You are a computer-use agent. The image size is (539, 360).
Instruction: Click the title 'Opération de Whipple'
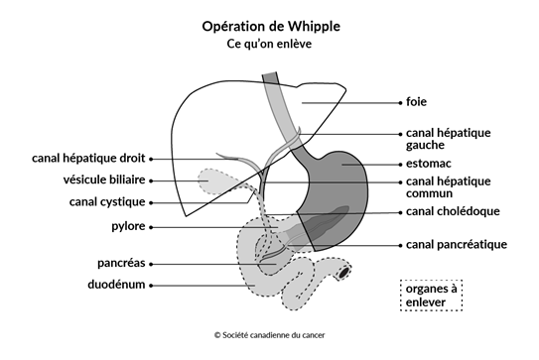point(270,25)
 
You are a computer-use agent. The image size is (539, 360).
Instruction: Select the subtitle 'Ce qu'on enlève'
point(270,45)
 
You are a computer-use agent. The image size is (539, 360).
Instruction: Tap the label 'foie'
point(417,100)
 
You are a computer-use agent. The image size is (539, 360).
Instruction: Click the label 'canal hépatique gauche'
point(448,138)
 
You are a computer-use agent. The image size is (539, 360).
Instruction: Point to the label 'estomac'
point(432,163)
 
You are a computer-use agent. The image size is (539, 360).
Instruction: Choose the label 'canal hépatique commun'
point(448,187)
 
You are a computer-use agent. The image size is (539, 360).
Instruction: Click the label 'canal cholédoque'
point(453,211)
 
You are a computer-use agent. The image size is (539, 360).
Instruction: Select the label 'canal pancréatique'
point(457,244)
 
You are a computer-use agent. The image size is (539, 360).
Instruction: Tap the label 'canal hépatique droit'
point(87,157)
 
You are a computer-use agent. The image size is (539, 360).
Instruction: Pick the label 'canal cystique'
point(107,202)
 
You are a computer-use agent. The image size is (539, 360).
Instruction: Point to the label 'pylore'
point(127,226)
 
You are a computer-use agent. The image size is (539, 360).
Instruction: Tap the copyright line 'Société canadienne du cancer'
point(269,335)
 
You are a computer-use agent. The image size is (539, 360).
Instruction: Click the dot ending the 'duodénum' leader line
point(157,285)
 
